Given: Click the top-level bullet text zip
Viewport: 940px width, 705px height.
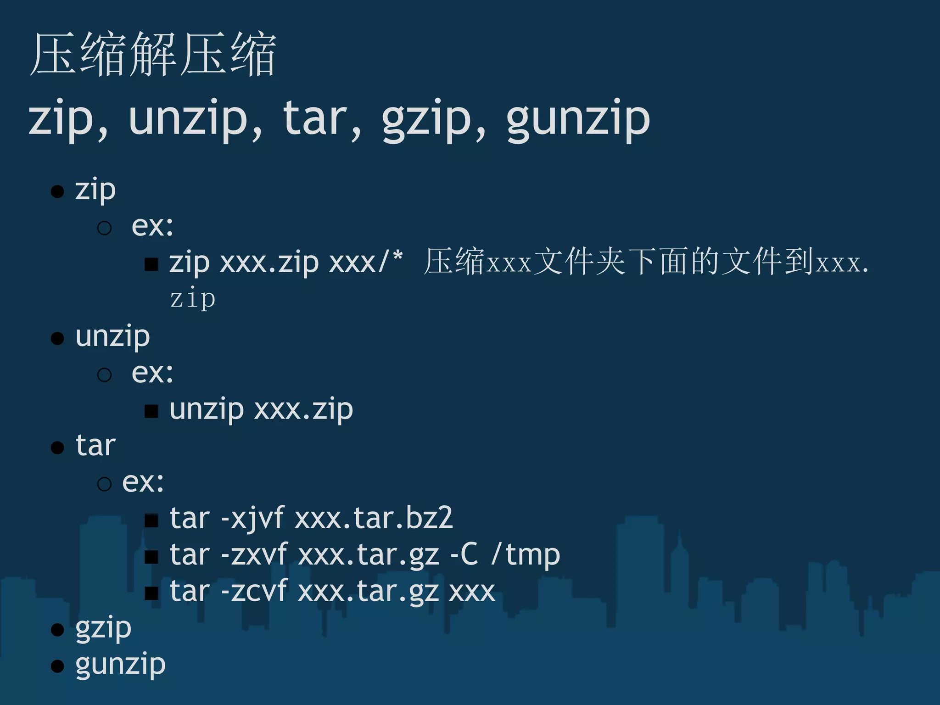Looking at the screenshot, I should click(95, 190).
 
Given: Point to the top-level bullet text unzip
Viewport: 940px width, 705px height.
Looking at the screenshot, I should click(113, 337).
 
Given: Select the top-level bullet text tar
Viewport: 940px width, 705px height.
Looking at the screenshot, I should click(95, 446).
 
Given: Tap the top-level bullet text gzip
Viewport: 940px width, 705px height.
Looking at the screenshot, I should click(103, 628).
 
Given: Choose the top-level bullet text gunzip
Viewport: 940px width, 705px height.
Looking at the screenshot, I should click(120, 665).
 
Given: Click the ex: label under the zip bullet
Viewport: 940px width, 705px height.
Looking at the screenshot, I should click(152, 226).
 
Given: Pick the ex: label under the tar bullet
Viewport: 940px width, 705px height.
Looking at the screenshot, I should click(143, 482).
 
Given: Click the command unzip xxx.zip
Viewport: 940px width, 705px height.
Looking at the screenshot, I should click(261, 409).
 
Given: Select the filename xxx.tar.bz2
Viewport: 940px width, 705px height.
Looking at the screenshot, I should click(374, 519).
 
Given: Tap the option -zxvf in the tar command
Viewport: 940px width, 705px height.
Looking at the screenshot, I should click(254, 555).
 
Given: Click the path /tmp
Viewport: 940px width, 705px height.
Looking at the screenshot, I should click(526, 555).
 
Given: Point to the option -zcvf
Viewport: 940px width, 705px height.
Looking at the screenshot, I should click(254, 591).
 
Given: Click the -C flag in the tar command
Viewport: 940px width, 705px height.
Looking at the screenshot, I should click(464, 555).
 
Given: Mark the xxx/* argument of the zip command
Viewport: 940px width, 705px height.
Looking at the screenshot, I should click(366, 263).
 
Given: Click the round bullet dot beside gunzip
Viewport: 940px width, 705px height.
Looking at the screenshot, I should click(57, 666).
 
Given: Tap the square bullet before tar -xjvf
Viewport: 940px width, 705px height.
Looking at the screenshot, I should click(151, 520).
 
